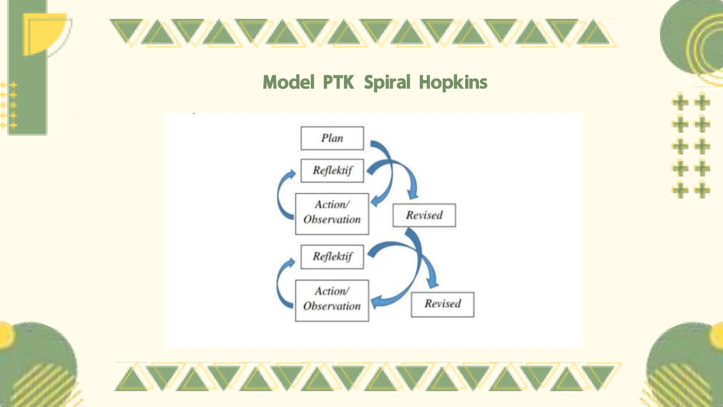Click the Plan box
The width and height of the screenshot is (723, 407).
point(332,138)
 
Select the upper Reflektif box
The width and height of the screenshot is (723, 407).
point(332,171)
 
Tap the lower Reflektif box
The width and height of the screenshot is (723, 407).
point(332,257)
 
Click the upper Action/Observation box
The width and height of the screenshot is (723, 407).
point(332,214)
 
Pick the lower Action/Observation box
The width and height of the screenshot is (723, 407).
point(332,300)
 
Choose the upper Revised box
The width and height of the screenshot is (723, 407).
point(424,215)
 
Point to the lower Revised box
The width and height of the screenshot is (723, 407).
point(442,304)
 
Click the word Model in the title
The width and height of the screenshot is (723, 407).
point(288,83)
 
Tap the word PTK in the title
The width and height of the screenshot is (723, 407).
point(338,83)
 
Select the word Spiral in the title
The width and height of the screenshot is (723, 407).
point(387,83)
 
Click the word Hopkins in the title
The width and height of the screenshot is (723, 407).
point(453,83)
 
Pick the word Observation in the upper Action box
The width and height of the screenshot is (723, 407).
point(332,220)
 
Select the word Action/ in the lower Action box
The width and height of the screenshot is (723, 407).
point(332,291)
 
